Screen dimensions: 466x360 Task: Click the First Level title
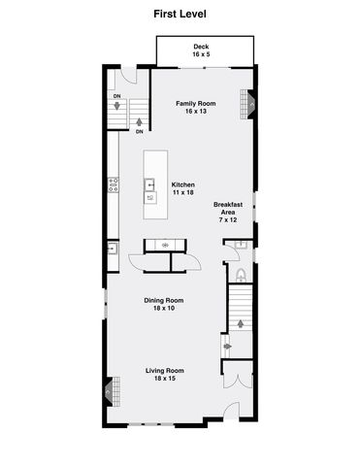coord(180,15)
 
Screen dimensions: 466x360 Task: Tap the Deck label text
coord(201,47)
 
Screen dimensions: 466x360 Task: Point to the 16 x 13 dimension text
coord(194,112)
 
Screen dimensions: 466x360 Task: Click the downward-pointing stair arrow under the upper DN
coord(117,106)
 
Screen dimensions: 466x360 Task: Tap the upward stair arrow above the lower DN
coord(140,122)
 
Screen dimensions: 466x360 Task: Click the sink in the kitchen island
coord(150,183)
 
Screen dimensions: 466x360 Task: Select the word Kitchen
coord(184,184)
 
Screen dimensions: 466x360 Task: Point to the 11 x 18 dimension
coord(184,193)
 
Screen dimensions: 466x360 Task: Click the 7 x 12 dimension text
coord(228,220)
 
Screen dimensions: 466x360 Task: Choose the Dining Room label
coord(165,300)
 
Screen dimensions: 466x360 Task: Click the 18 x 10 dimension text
coord(165,309)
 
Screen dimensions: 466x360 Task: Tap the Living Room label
coord(165,370)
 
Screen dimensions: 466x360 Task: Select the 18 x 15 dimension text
coord(165,379)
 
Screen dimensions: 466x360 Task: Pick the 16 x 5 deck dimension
coord(201,55)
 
